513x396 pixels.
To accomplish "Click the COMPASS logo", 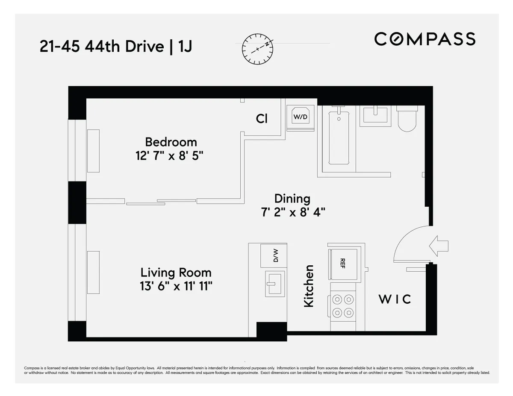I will click(x=425, y=39).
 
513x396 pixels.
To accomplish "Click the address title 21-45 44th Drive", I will click(x=102, y=47).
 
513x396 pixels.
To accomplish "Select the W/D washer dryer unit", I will click(x=300, y=116).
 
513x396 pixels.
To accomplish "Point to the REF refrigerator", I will click(x=343, y=262).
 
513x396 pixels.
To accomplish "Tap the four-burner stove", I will click(x=343, y=306).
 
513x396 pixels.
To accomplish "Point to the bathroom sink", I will click(x=375, y=115).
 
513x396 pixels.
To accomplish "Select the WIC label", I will click(x=395, y=299).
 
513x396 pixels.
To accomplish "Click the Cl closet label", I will click(x=262, y=118).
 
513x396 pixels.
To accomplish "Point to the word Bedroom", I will click(x=171, y=141).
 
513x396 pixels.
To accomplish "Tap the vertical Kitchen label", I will click(x=309, y=286).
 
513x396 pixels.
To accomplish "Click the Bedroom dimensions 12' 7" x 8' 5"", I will click(x=169, y=156).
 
